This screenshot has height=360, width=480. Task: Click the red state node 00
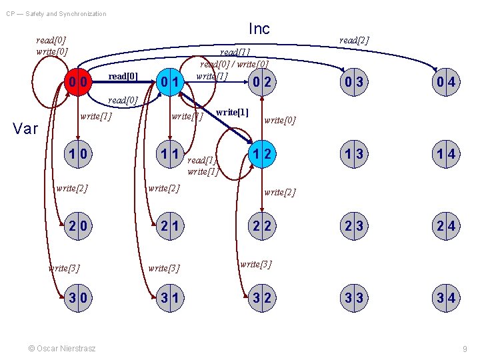[x=78, y=82]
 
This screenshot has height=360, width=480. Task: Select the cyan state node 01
[x=171, y=82]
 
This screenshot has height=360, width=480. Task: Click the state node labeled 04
[x=446, y=82]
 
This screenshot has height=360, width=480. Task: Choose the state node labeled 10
[x=78, y=155]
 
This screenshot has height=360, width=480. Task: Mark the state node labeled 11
[x=171, y=155]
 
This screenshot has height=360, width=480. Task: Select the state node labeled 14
[x=446, y=155]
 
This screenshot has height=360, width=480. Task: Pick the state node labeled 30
[x=78, y=298]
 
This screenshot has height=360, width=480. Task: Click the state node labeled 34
[x=446, y=298]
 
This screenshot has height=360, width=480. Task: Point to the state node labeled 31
[x=171, y=298]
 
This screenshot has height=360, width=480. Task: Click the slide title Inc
[x=259, y=29]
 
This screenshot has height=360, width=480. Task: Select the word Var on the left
[x=25, y=129]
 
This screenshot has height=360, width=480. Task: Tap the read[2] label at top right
[x=353, y=41]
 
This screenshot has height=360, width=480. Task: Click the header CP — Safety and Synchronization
[x=56, y=13]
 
